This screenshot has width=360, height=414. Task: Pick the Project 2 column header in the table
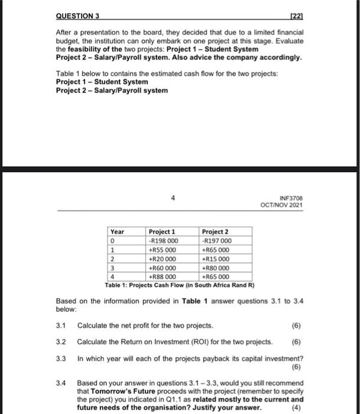pyautogui.click(x=215, y=232)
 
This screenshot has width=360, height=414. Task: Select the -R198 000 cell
pyautogui.click(x=164, y=241)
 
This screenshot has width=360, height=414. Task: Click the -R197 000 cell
pyautogui.click(x=217, y=241)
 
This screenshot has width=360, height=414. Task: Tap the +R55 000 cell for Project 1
pyautogui.click(x=163, y=250)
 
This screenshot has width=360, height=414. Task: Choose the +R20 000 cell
pyautogui.click(x=163, y=258)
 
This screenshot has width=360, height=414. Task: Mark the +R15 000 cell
pyautogui.click(x=216, y=258)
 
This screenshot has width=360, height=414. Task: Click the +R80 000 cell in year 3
pyautogui.click(x=216, y=267)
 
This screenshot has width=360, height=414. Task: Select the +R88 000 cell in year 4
pyautogui.click(x=163, y=276)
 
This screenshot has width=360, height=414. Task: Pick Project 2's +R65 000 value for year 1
pyautogui.click(x=216, y=250)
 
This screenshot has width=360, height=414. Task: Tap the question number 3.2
pyautogui.click(x=60, y=342)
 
